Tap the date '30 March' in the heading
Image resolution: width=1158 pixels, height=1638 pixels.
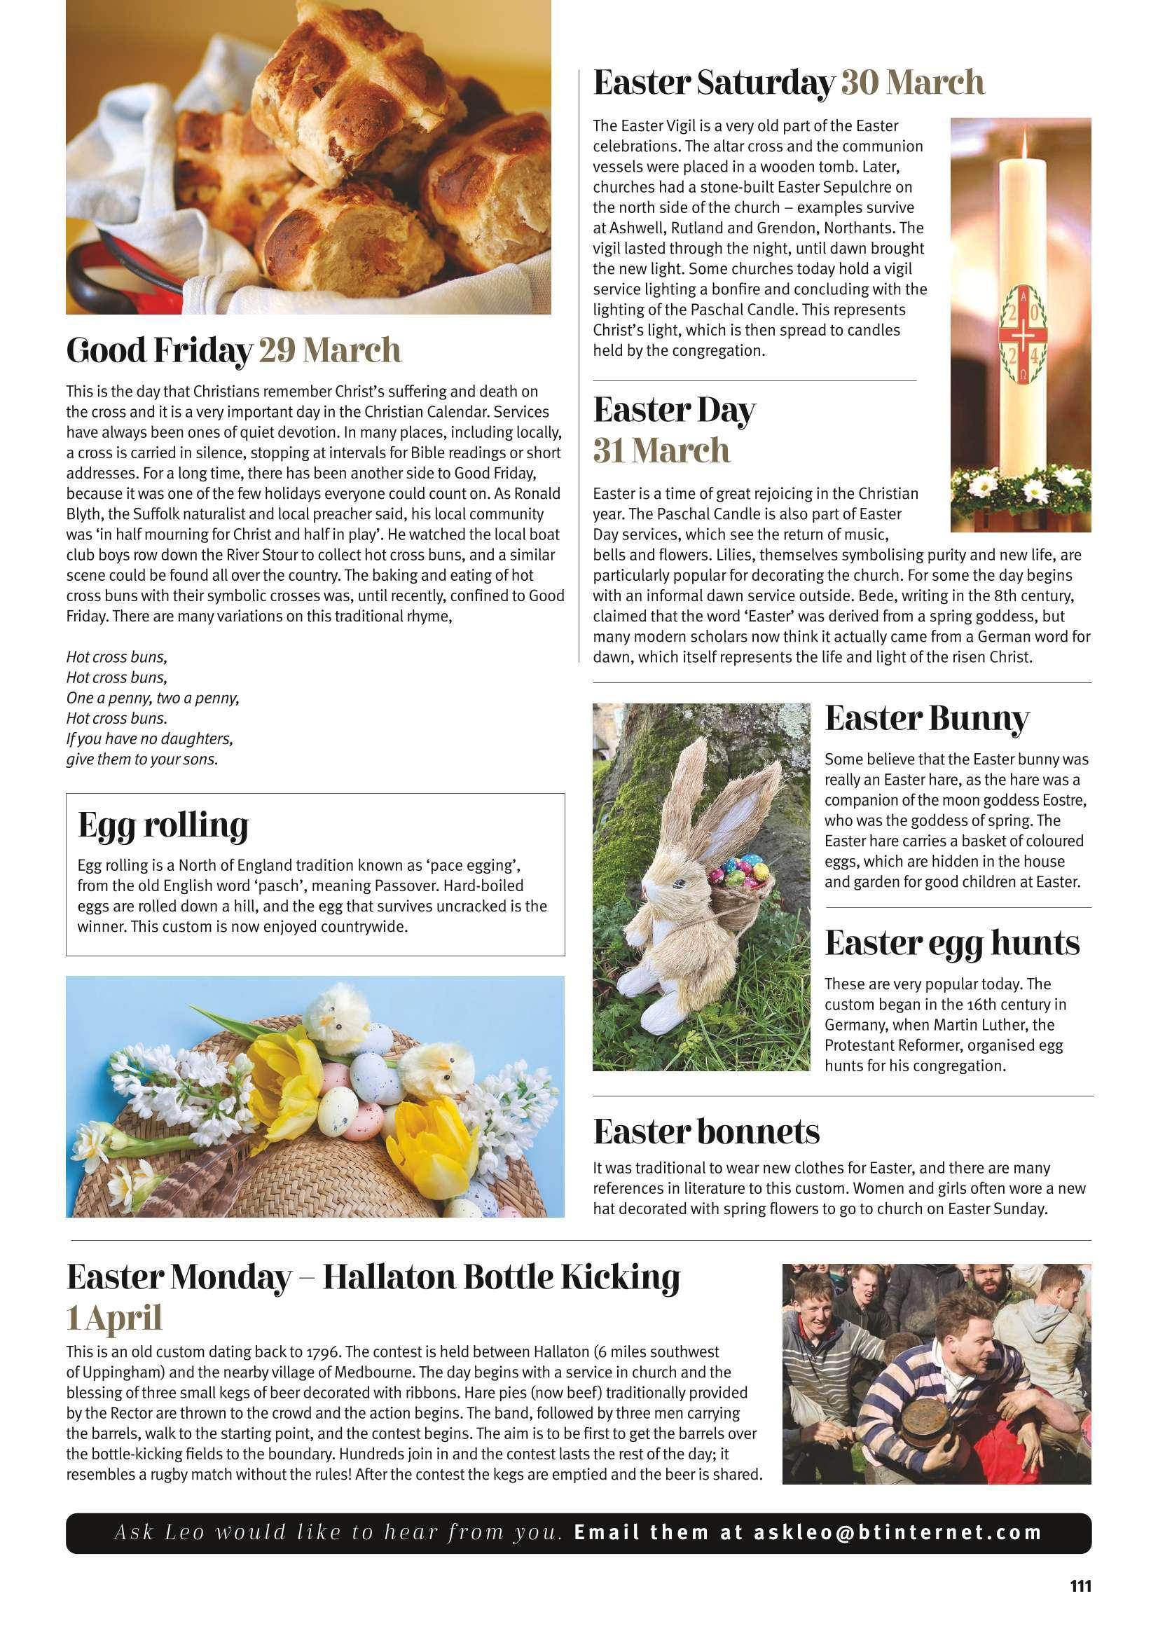point(913,83)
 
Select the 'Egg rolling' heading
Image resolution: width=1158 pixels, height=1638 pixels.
point(163,825)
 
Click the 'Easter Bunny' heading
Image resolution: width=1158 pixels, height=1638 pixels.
point(927,719)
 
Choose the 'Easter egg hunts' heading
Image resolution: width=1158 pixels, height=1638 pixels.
point(952,943)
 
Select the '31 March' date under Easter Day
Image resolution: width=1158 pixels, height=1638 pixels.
point(661,451)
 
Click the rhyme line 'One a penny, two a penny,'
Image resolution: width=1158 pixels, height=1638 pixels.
point(152,698)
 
